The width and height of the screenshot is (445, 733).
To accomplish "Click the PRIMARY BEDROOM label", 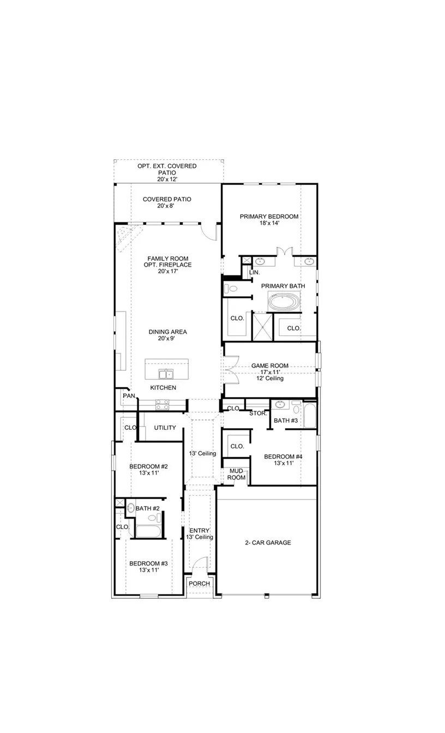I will pos(269,217).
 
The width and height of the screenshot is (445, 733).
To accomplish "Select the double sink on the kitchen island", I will pos(165,374).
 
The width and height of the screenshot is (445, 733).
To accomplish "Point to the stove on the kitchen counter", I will pos(163,404).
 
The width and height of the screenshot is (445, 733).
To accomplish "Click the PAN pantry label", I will pos(129,396).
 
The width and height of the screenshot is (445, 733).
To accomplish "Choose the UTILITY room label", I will pos(165,428).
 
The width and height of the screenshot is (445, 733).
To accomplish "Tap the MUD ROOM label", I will pos(236,474).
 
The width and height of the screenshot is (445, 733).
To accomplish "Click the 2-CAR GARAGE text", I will pos(267,543).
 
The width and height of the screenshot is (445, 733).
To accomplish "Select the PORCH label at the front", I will pos(199,584).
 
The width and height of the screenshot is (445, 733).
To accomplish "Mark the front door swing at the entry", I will pos(202,564).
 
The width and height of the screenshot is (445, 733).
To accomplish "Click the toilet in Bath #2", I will pos(130,508).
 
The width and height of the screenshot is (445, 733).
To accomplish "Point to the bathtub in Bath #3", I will pos(309,416).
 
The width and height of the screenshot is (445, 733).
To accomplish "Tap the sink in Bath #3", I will pos(280,405).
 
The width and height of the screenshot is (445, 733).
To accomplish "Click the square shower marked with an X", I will pos(261,326).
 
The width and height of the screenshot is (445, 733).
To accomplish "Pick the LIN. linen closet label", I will pos(254,272).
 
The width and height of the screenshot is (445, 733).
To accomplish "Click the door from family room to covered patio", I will pos(209,231).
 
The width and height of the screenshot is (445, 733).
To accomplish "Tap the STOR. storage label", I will pos(258,413).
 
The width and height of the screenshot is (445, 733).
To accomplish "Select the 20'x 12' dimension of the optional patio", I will pos(167,179).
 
